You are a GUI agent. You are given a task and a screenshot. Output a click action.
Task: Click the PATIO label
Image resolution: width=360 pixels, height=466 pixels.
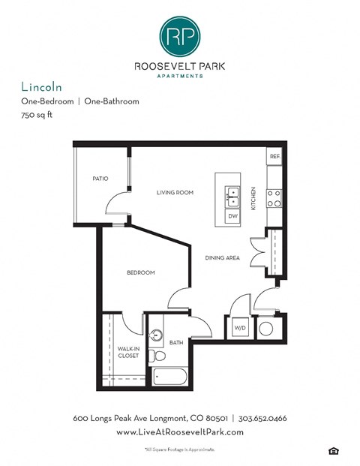coord(100,179)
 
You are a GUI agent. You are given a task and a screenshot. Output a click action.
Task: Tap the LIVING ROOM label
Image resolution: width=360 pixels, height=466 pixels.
coord(175,193)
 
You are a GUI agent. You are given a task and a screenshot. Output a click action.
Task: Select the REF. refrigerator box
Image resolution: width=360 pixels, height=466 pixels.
coord(274,157)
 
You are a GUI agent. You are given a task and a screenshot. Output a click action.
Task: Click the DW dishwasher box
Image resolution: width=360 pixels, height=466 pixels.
coord(232,216)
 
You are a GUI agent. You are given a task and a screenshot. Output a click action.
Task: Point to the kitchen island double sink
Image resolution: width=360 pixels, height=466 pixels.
coord(232,197)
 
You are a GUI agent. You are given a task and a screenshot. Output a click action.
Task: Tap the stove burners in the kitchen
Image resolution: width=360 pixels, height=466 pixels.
coord(274,197)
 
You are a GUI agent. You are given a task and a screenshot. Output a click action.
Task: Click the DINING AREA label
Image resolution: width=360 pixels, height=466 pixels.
coord(222,258)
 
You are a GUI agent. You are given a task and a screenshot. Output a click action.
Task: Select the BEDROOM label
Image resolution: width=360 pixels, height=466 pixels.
coord(140,272)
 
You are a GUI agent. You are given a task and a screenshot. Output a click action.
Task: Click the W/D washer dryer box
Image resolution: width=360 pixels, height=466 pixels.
coord(240,328)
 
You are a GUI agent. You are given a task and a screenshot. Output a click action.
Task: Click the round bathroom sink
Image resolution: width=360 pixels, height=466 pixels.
coord(157,335)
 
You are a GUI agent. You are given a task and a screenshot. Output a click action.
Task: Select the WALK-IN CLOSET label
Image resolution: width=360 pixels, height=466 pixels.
coord(127,352)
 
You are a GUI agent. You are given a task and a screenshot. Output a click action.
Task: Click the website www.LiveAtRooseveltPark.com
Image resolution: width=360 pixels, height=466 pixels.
coord(179,433)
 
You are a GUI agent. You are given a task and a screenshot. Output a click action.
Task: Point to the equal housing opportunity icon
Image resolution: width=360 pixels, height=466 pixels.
coord(332,450)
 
